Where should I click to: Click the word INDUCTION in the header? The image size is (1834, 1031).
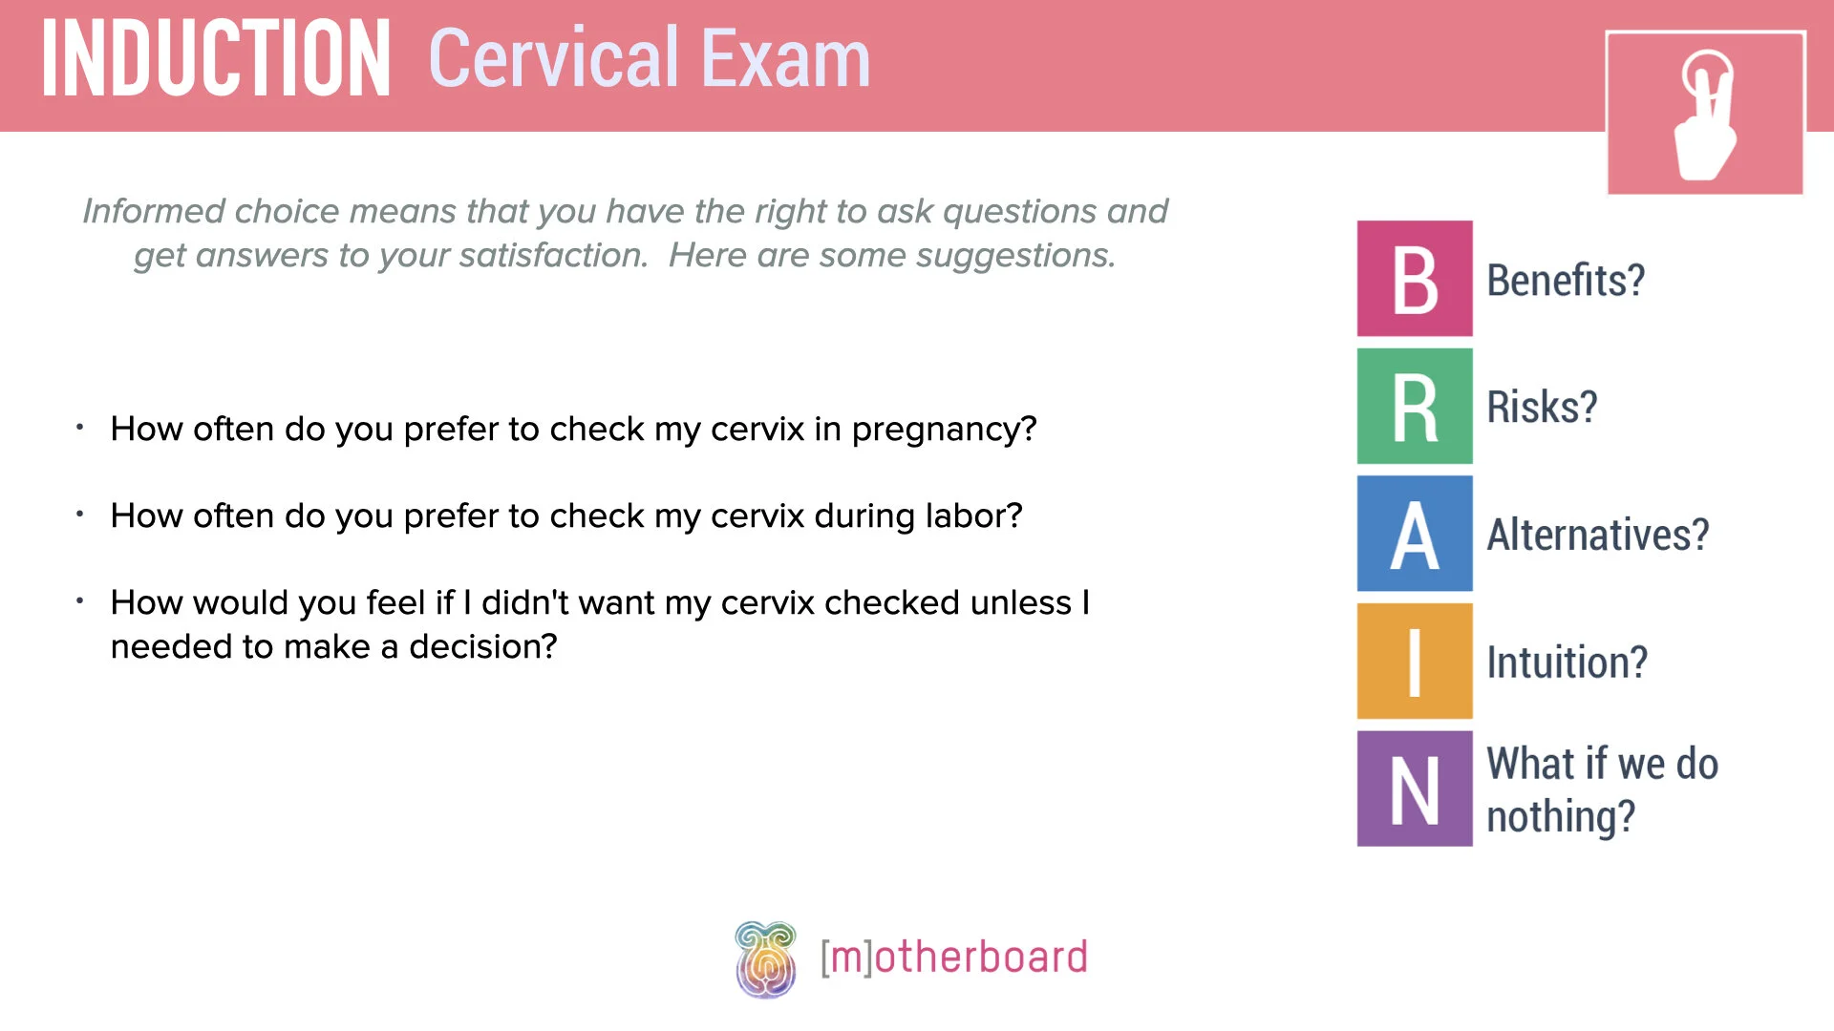click(216, 59)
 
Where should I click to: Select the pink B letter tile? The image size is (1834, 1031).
click(1415, 279)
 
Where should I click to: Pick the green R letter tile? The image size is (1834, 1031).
click(1415, 406)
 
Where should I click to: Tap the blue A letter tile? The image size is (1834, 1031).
click(1415, 534)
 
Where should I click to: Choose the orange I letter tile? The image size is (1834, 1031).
click(1415, 661)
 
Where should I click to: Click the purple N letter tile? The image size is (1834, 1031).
click(1415, 789)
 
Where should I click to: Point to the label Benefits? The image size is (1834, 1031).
click(1566, 280)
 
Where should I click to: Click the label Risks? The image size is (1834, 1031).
click(1542, 407)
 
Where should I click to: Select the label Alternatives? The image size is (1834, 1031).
click(1597, 535)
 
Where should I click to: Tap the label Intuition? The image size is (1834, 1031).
click(1567, 662)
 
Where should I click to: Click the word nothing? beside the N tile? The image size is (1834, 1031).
click(1561, 817)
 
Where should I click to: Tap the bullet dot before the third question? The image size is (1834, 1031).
click(80, 601)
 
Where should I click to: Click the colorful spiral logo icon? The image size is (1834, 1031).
click(765, 958)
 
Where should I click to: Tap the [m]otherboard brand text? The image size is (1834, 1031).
click(953, 957)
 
